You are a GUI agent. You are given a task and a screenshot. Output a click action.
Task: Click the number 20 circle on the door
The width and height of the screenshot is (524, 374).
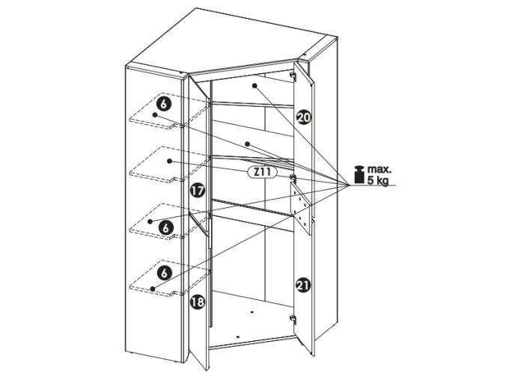pyautogui.click(x=303, y=117)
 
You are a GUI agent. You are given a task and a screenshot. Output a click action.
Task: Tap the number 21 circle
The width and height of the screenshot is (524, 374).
pyautogui.click(x=303, y=286)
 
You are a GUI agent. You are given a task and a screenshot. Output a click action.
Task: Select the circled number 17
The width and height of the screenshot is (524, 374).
pyautogui.click(x=197, y=191)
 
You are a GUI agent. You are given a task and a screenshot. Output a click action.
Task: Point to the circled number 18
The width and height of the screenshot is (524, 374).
pyautogui.click(x=197, y=302)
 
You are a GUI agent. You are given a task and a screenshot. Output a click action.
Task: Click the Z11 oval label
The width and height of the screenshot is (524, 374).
pyautogui.click(x=262, y=172)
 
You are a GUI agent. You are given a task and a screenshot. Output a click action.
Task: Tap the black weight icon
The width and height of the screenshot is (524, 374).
pyautogui.click(x=359, y=174)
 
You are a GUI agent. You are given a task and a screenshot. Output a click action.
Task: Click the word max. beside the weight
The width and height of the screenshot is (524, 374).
pyautogui.click(x=380, y=169)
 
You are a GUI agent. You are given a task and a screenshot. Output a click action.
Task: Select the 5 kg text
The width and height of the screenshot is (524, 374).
pyautogui.click(x=378, y=181)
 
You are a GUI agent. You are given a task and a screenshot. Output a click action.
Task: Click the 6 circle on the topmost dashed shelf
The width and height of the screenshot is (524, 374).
pyautogui.click(x=164, y=104)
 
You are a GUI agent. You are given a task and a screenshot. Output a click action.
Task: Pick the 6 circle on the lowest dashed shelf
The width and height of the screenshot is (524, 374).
pyautogui.click(x=164, y=273)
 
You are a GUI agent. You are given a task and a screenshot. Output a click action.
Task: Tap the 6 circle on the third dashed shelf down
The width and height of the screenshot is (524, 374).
pyautogui.click(x=166, y=228)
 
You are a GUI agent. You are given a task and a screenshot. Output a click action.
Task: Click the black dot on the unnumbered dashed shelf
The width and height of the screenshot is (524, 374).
pyautogui.click(x=169, y=161)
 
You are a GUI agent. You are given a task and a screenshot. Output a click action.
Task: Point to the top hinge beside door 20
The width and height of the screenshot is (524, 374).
pyautogui.click(x=293, y=76)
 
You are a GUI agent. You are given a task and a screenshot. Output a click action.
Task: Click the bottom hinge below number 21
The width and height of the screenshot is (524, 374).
pyautogui.click(x=293, y=319)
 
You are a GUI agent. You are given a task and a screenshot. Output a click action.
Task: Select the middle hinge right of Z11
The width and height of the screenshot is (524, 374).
pyautogui.click(x=293, y=179)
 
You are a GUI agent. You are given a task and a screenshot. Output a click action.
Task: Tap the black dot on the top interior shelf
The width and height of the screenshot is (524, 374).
pyautogui.click(x=255, y=86)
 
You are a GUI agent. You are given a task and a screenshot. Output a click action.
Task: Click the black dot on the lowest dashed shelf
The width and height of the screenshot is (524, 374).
pyautogui.click(x=153, y=289)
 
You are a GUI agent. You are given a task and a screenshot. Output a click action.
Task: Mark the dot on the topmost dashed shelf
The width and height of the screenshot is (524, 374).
pyautogui.click(x=154, y=115)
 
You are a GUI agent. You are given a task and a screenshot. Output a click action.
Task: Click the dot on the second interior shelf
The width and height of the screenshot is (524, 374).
pyautogui.click(x=247, y=144)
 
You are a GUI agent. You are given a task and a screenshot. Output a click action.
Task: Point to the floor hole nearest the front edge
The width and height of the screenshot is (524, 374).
pyautogui.click(x=237, y=337)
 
